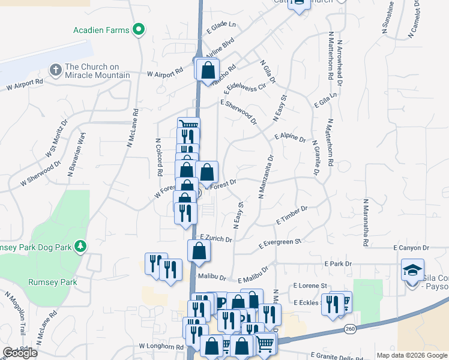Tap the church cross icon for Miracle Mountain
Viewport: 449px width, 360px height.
click(x=56, y=70)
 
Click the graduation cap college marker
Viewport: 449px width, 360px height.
click(x=412, y=270)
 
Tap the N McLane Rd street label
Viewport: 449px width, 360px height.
click(x=133, y=127)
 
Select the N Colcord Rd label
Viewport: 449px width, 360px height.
click(x=159, y=157)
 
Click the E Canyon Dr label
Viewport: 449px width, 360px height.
click(x=411, y=247)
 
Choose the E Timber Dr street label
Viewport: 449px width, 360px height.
click(x=292, y=215)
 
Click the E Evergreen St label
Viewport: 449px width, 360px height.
click(x=279, y=243)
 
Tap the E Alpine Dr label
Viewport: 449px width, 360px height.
click(x=290, y=137)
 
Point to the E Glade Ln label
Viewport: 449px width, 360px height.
click(x=221, y=27)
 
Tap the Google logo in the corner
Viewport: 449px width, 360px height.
click(x=20, y=353)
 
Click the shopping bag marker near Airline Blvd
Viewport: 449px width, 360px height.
click(x=207, y=70)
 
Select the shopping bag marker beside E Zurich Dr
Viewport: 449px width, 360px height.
click(x=199, y=251)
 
